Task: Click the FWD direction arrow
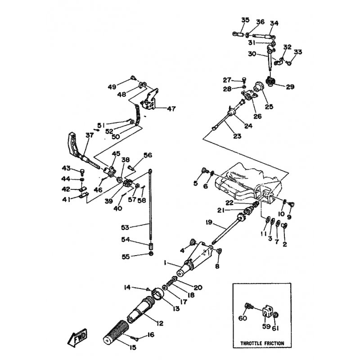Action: click(x=77, y=337)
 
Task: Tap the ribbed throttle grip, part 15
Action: click(x=116, y=331)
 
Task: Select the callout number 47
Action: click(x=171, y=108)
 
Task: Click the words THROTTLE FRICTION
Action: click(x=262, y=343)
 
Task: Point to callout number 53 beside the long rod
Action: click(x=125, y=227)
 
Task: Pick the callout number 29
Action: click(x=290, y=87)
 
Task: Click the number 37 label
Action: click(x=90, y=135)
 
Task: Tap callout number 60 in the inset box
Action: click(x=243, y=318)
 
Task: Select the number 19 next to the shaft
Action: click(x=209, y=222)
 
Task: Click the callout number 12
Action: click(x=160, y=323)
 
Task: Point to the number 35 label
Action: click(x=245, y=20)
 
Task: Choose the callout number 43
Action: click(x=66, y=168)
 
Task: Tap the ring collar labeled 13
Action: click(x=159, y=294)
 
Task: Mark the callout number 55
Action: click(x=126, y=256)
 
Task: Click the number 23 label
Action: click(x=237, y=136)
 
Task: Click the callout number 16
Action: click(x=151, y=335)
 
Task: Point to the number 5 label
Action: click(x=195, y=183)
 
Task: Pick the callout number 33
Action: click(x=298, y=52)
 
